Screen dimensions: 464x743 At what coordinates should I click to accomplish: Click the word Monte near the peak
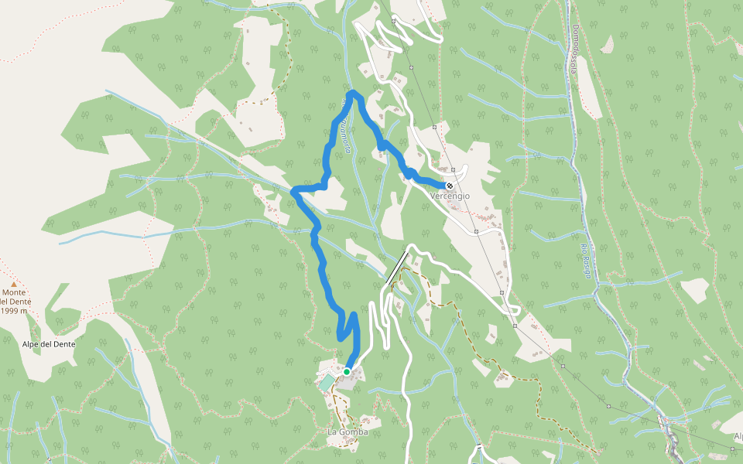(12, 292)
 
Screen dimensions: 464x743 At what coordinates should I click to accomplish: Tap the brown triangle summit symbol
(13, 284)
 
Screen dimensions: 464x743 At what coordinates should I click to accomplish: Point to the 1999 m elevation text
(15, 311)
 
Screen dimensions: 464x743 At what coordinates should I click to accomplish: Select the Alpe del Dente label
(48, 344)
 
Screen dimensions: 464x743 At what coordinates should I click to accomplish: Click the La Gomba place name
(347, 432)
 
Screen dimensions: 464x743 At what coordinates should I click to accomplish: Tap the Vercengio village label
(450, 196)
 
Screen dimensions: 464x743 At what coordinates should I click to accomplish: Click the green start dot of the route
(347, 372)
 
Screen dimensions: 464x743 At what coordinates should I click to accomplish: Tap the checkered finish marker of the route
(450, 186)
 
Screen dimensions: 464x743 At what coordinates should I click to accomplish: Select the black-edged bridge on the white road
(397, 268)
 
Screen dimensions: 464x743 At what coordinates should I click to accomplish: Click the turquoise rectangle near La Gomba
(327, 382)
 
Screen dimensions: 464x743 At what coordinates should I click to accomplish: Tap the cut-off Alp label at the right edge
(738, 436)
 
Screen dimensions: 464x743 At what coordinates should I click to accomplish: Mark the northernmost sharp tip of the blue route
(353, 94)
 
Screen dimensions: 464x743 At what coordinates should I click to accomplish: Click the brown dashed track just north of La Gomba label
(338, 406)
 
